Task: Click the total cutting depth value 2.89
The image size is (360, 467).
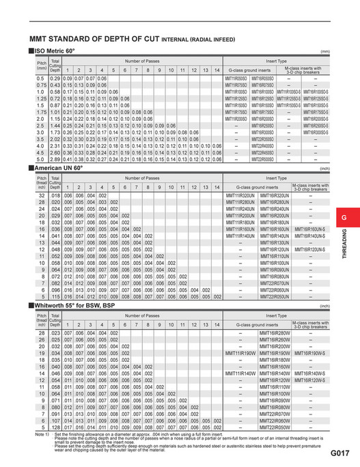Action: point(56,159)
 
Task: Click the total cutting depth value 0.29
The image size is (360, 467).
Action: point(56,80)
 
